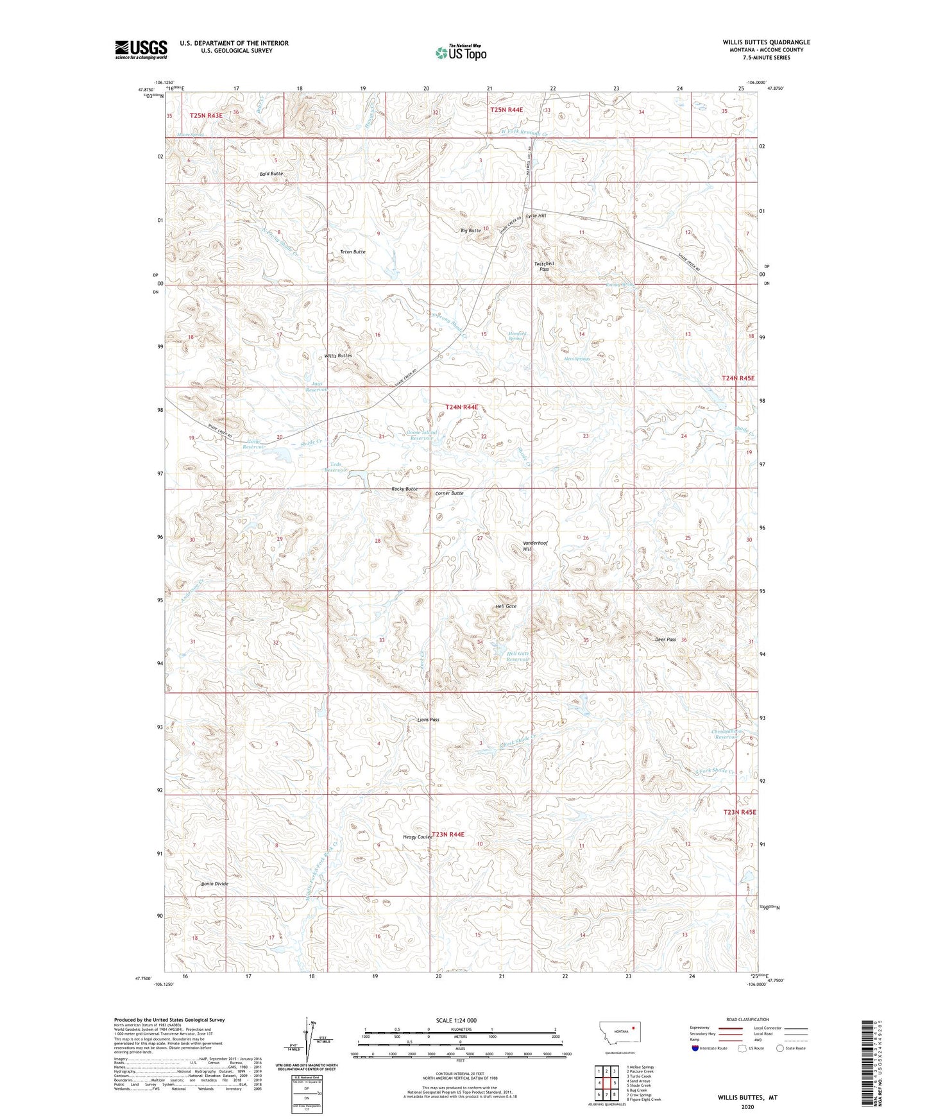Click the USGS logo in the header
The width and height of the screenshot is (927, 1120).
pyautogui.click(x=141, y=49)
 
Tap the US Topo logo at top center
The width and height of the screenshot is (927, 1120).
pyautogui.click(x=461, y=53)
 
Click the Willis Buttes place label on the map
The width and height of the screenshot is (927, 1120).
pyautogui.click(x=338, y=355)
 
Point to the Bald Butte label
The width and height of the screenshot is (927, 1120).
pyautogui.click(x=271, y=174)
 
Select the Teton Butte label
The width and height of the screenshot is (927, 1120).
pyautogui.click(x=353, y=252)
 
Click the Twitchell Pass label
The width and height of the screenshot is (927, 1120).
pyautogui.click(x=544, y=266)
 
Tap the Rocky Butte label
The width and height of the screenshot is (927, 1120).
pyautogui.click(x=404, y=489)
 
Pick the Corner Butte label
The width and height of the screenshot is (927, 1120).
pyautogui.click(x=449, y=493)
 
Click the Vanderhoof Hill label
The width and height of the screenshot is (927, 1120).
pyautogui.click(x=535, y=546)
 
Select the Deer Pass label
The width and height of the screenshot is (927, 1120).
pyautogui.click(x=665, y=640)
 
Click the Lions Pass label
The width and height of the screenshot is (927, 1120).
pyautogui.click(x=428, y=720)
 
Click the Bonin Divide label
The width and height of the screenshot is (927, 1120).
pyautogui.click(x=214, y=884)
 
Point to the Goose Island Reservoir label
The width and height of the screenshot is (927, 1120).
pyautogui.click(x=421, y=436)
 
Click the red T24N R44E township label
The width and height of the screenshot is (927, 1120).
pyautogui.click(x=462, y=407)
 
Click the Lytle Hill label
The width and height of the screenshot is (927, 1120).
pyautogui.click(x=536, y=216)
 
